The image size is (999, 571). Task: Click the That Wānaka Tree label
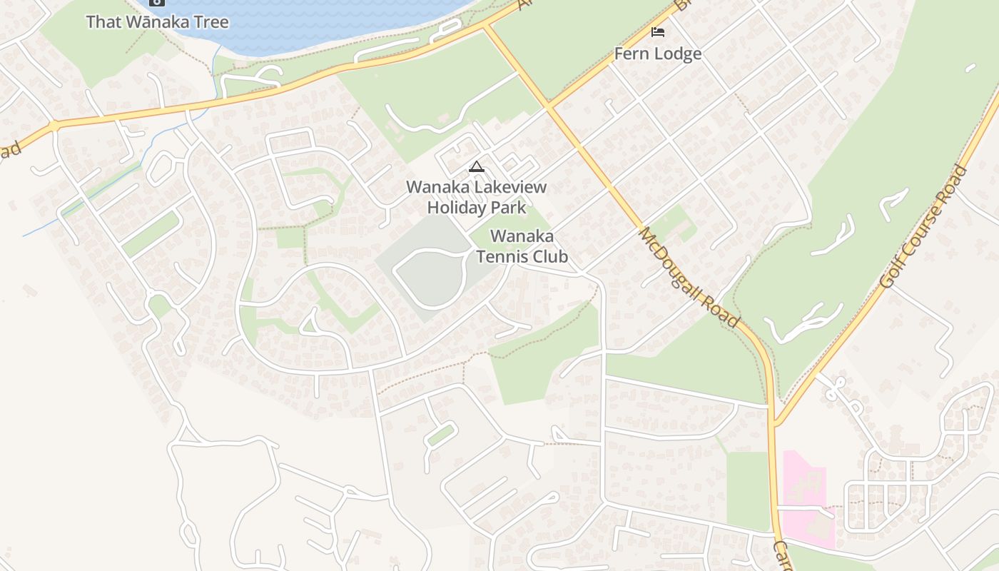(x=157, y=21)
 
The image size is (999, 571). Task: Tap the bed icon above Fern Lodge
(x=658, y=32)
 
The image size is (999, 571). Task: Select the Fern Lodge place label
(x=658, y=54)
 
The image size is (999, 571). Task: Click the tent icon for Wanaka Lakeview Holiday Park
(x=476, y=167)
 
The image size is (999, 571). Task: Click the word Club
(x=553, y=256)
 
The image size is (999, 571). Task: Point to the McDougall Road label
(x=689, y=277)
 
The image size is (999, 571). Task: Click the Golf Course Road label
(x=923, y=226)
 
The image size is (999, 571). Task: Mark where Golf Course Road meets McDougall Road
(x=775, y=425)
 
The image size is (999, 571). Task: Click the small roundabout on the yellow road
(x=54, y=126)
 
